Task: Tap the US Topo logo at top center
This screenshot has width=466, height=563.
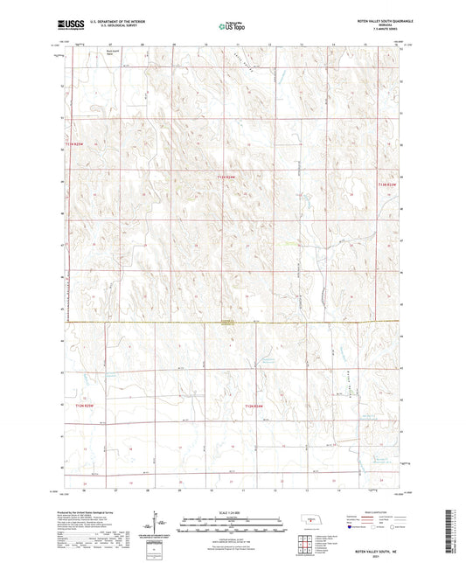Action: (x=231, y=27)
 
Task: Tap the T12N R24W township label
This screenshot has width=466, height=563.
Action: (x=254, y=405)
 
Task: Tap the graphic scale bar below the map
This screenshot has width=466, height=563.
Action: (x=233, y=524)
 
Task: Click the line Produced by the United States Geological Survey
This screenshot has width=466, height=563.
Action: (x=87, y=512)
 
